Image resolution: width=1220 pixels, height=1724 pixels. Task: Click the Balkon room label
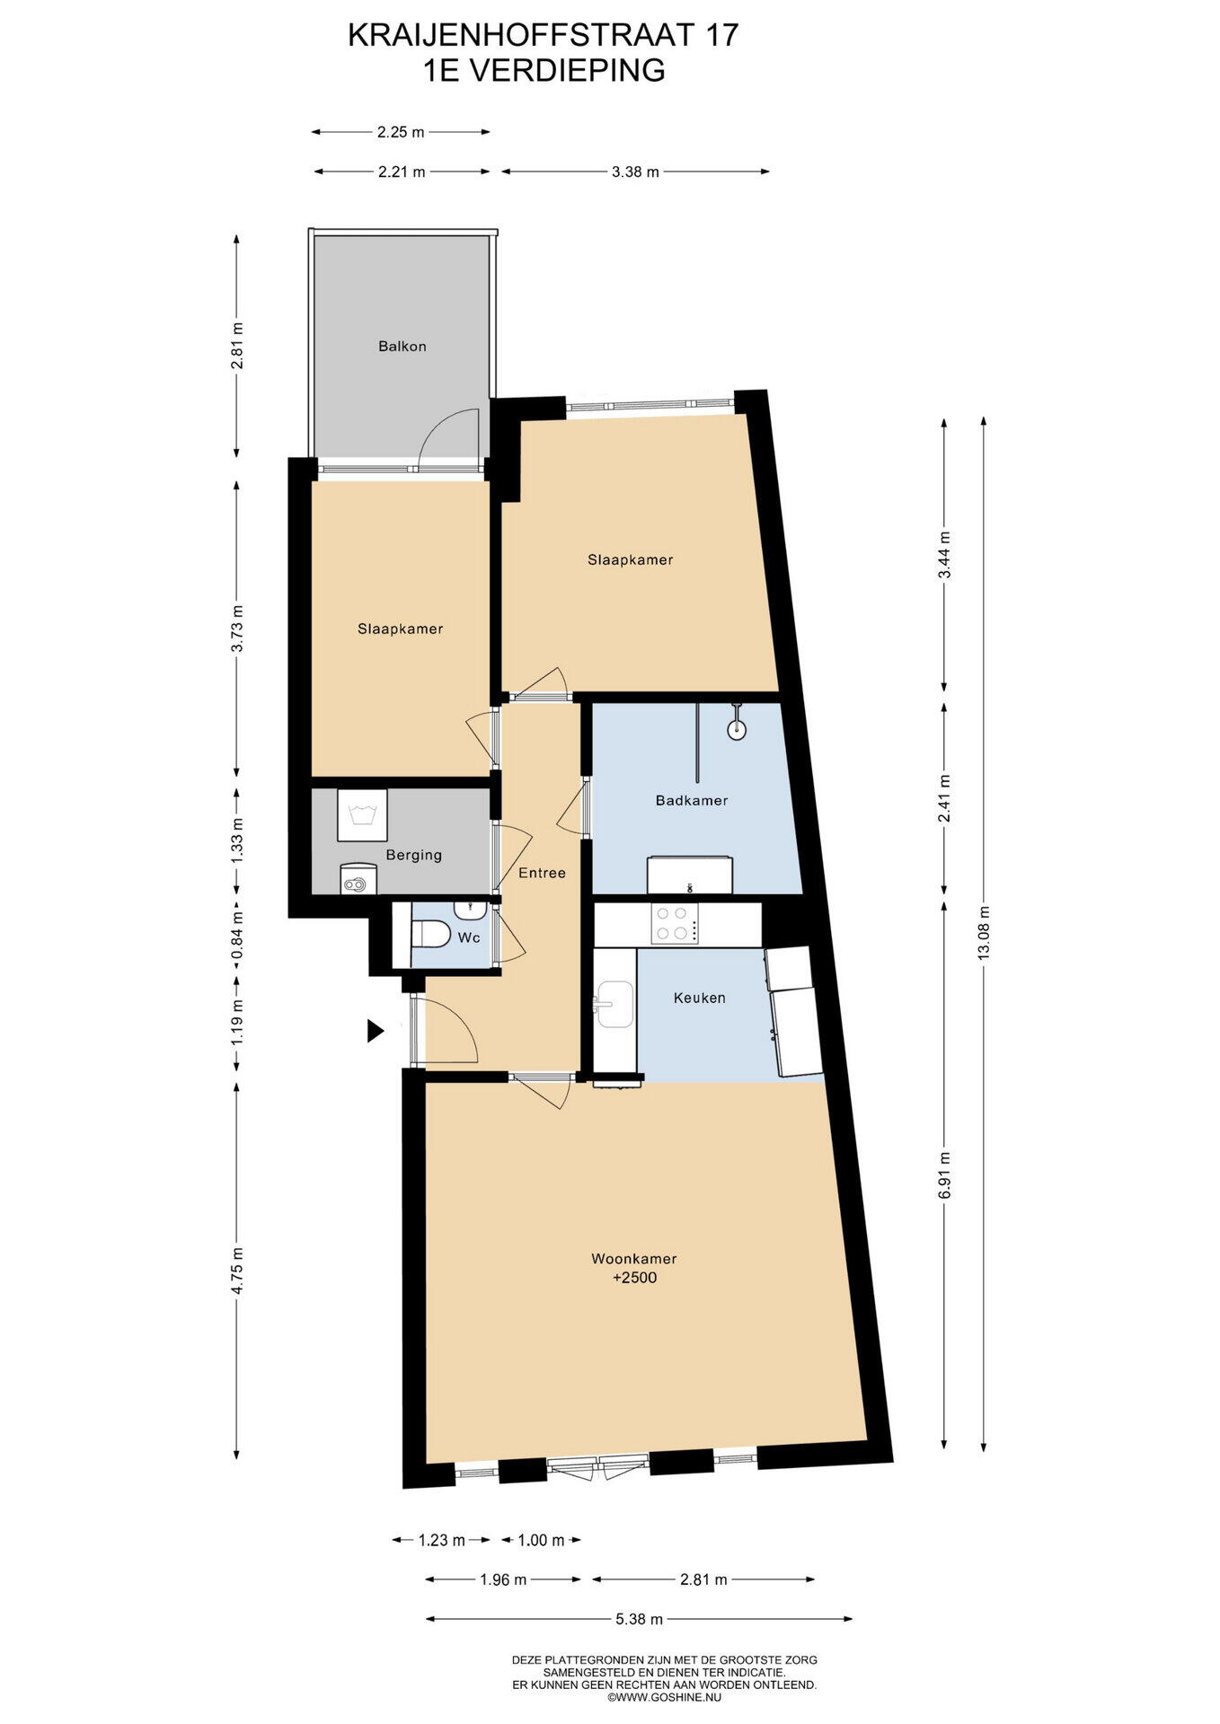[x=402, y=346]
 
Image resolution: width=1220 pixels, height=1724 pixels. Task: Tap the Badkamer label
[x=691, y=800]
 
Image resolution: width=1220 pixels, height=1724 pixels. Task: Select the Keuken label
[x=699, y=998]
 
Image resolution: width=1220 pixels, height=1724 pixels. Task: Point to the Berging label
[x=413, y=856]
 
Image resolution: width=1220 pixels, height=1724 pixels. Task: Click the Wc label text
[x=469, y=937]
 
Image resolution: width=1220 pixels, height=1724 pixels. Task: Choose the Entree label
[x=542, y=873]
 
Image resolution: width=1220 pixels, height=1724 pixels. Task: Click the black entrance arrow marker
[x=376, y=1031]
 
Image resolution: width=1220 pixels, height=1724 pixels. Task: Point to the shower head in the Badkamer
[x=737, y=728]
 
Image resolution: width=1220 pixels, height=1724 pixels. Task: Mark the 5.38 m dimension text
[x=639, y=1619]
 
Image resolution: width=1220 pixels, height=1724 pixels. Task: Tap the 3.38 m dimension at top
[x=635, y=172]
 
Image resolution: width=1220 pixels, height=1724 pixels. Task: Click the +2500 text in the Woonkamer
[x=634, y=1277]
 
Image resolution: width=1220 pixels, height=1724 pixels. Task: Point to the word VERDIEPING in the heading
[x=568, y=70]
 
